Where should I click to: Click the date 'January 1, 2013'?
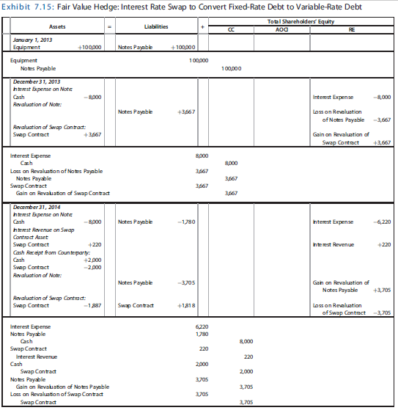click(31, 38)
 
